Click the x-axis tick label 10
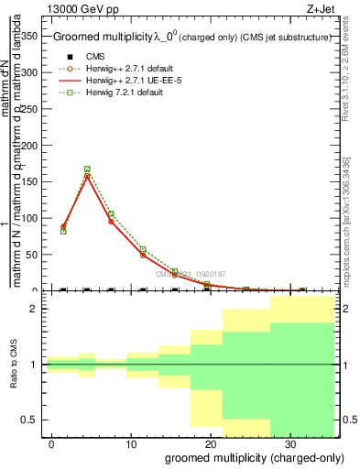[x=131, y=443]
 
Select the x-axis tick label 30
[x=289, y=443]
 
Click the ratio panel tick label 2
[x=38, y=309]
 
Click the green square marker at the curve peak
[x=87, y=169]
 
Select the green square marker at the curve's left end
[x=63, y=231]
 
